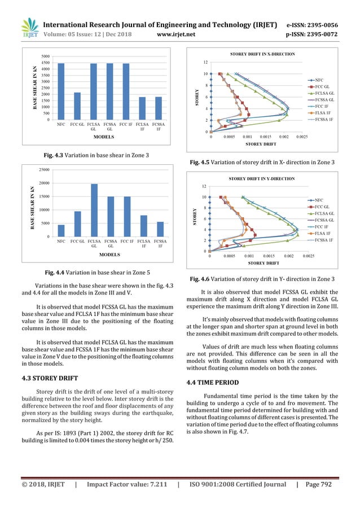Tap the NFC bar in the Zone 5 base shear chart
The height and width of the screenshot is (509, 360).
(61, 230)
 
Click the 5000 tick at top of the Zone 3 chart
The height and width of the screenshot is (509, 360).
(46, 56)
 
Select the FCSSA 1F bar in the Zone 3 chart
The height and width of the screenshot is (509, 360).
(159, 108)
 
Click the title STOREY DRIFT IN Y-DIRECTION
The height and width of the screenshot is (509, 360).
(260, 178)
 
